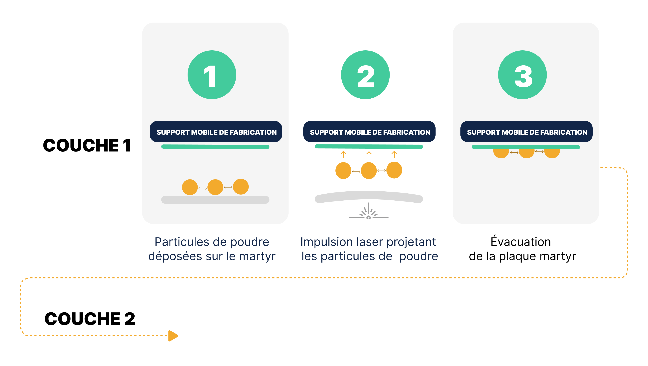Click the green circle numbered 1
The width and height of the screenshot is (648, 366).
[x=212, y=75]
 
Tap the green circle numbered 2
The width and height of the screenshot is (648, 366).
[x=365, y=75]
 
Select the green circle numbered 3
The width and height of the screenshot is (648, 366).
[x=522, y=75]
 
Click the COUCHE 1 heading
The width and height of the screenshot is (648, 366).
[x=87, y=145]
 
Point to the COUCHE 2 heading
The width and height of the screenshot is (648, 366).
[x=90, y=319]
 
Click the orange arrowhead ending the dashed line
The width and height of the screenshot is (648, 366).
[x=173, y=336]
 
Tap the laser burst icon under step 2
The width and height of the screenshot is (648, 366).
[x=369, y=211]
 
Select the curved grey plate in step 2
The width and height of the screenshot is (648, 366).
[x=369, y=196]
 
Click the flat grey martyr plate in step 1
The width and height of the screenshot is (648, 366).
[x=215, y=200]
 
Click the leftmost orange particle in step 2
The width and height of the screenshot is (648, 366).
[x=343, y=170]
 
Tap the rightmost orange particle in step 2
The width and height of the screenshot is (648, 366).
[x=394, y=170]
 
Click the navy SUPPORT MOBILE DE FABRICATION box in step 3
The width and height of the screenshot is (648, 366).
[x=526, y=131]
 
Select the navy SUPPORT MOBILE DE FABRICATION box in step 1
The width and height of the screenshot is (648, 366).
[x=216, y=131]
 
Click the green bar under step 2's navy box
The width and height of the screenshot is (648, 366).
[x=369, y=147]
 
